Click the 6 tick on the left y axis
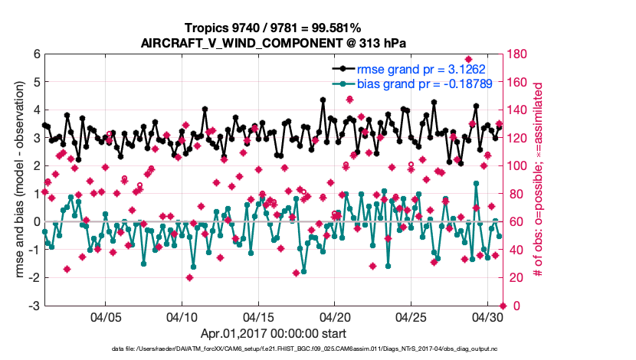[35, 54]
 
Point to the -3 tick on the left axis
[34, 306]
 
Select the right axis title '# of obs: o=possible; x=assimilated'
[538, 180]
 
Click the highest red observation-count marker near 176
[468, 60]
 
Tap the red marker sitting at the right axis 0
[503, 306]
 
